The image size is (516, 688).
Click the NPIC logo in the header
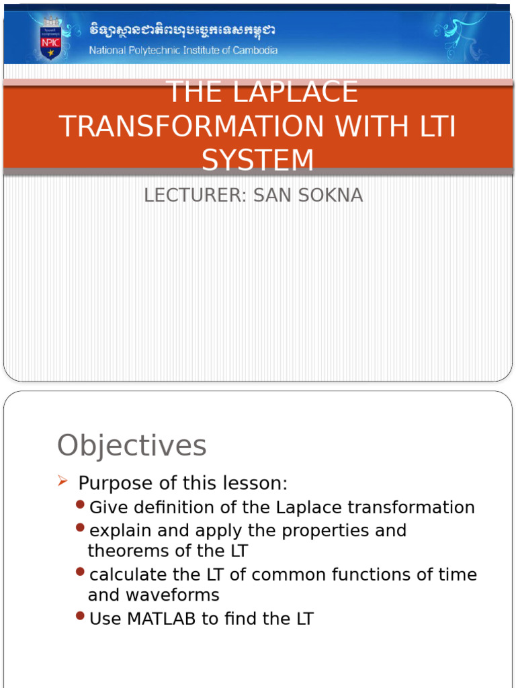click(x=50, y=38)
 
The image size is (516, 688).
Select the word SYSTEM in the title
click(x=258, y=161)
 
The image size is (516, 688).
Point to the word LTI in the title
click(x=431, y=126)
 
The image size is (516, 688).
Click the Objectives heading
click(x=132, y=445)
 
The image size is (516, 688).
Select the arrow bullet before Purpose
click(x=63, y=481)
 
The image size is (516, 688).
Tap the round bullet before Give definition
click(x=81, y=505)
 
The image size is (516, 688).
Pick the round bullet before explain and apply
click(x=81, y=528)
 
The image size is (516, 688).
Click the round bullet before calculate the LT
click(x=81, y=572)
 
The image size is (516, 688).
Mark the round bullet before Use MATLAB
click(x=81, y=616)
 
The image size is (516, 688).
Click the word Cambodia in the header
click(x=253, y=50)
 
